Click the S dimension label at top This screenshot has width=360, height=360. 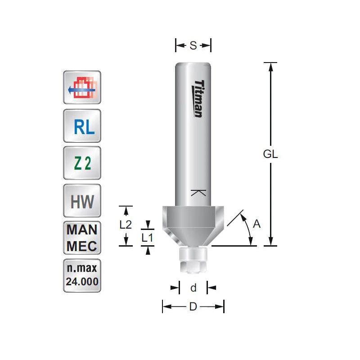click(193, 45)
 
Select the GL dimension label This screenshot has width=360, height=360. click(270, 154)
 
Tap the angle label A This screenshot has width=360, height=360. click(256, 224)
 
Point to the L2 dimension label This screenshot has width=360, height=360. click(126, 225)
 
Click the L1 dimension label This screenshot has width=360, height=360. click(148, 238)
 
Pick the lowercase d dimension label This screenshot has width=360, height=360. click(193, 288)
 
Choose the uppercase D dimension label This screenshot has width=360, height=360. click(193, 307)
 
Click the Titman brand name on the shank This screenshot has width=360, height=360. click(198, 99)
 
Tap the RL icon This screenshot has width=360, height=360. click(82, 127)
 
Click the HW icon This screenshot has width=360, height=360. click(82, 201)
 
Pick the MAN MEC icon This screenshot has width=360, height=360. click(82, 238)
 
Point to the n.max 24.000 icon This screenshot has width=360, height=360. click(82, 275)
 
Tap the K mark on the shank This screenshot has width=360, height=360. click(198, 193)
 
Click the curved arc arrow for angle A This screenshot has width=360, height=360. click(248, 229)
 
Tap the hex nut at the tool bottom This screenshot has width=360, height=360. click(193, 267)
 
